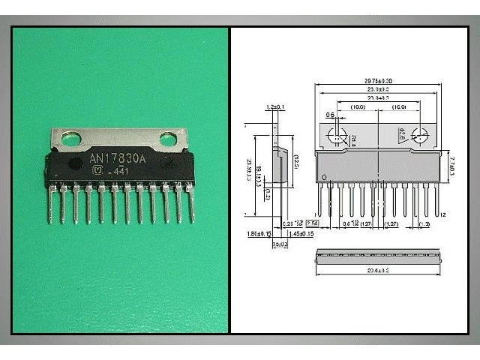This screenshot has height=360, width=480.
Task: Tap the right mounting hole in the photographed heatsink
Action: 168,138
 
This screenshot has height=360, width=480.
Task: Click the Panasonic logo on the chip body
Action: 94,172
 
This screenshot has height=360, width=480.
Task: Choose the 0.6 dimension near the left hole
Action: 330,115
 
